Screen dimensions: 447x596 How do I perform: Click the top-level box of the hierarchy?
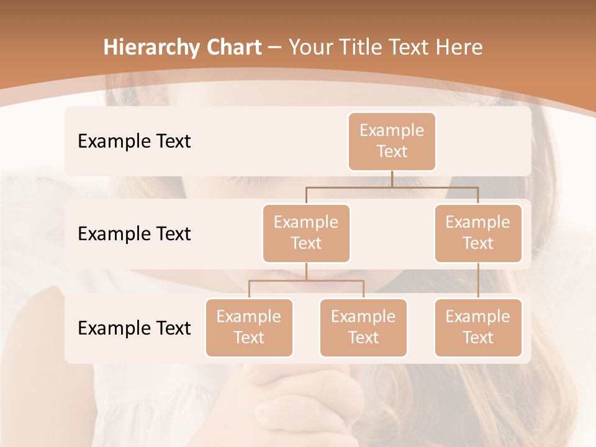pyautogui.click(x=392, y=141)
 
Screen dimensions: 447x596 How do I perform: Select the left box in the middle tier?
pyautogui.click(x=306, y=233)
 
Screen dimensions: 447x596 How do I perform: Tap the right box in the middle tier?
pyautogui.click(x=478, y=233)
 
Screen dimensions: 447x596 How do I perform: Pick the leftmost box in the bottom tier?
pyautogui.click(x=249, y=327)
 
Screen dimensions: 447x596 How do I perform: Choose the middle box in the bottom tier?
pyautogui.click(x=363, y=327)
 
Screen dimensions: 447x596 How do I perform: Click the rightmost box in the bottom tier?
pyautogui.click(x=478, y=327)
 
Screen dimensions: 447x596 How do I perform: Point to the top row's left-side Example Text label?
pyautogui.click(x=134, y=141)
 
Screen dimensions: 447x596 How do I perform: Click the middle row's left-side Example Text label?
pyautogui.click(x=134, y=233)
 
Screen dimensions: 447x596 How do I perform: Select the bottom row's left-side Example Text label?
pyautogui.click(x=134, y=328)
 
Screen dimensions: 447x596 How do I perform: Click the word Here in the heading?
pyautogui.click(x=459, y=47)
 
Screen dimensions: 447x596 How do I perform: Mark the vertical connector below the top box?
pyautogui.click(x=392, y=179)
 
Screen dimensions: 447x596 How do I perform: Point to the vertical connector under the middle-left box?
pyautogui.click(x=306, y=272)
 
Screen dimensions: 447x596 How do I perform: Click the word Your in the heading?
pyautogui.click(x=309, y=47)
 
